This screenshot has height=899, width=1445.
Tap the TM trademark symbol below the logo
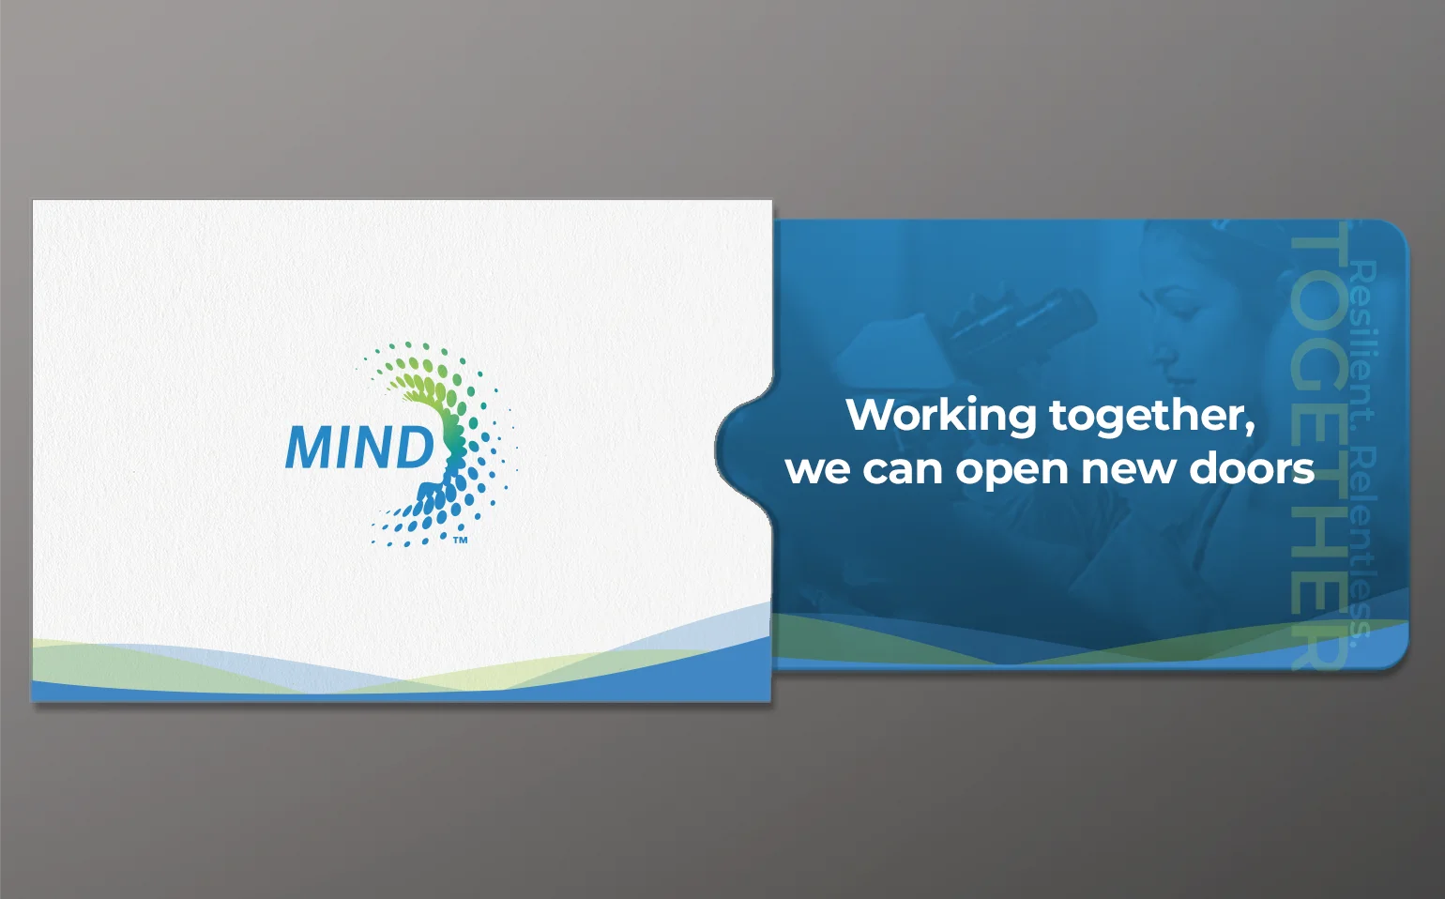(461, 541)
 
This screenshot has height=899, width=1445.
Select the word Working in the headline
(941, 416)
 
